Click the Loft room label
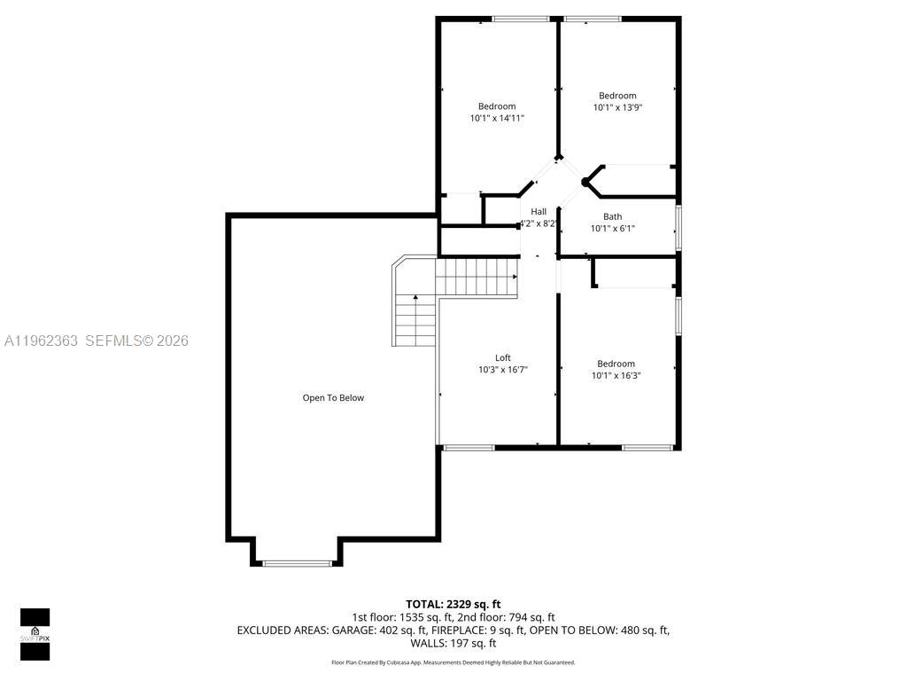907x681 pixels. click(x=502, y=358)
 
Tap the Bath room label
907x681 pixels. click(x=612, y=216)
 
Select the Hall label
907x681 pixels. click(x=539, y=211)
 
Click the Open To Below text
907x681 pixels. click(x=333, y=398)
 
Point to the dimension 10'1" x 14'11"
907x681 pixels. click(x=497, y=118)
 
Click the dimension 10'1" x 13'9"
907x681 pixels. click(x=617, y=107)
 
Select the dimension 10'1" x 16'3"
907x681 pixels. click(x=616, y=375)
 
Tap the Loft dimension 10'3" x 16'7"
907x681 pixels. click(x=503, y=370)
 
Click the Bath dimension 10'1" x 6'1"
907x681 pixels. click(x=612, y=228)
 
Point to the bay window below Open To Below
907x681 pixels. click(x=297, y=562)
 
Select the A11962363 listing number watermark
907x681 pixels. click(x=41, y=340)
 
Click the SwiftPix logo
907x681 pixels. click(x=35, y=634)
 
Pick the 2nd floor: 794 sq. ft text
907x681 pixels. click(x=506, y=617)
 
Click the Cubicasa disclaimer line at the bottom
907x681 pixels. click(x=453, y=662)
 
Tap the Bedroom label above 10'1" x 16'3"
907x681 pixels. click(x=616, y=364)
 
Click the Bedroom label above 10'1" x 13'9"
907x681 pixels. click(x=617, y=96)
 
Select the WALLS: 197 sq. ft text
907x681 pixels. click(x=453, y=643)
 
